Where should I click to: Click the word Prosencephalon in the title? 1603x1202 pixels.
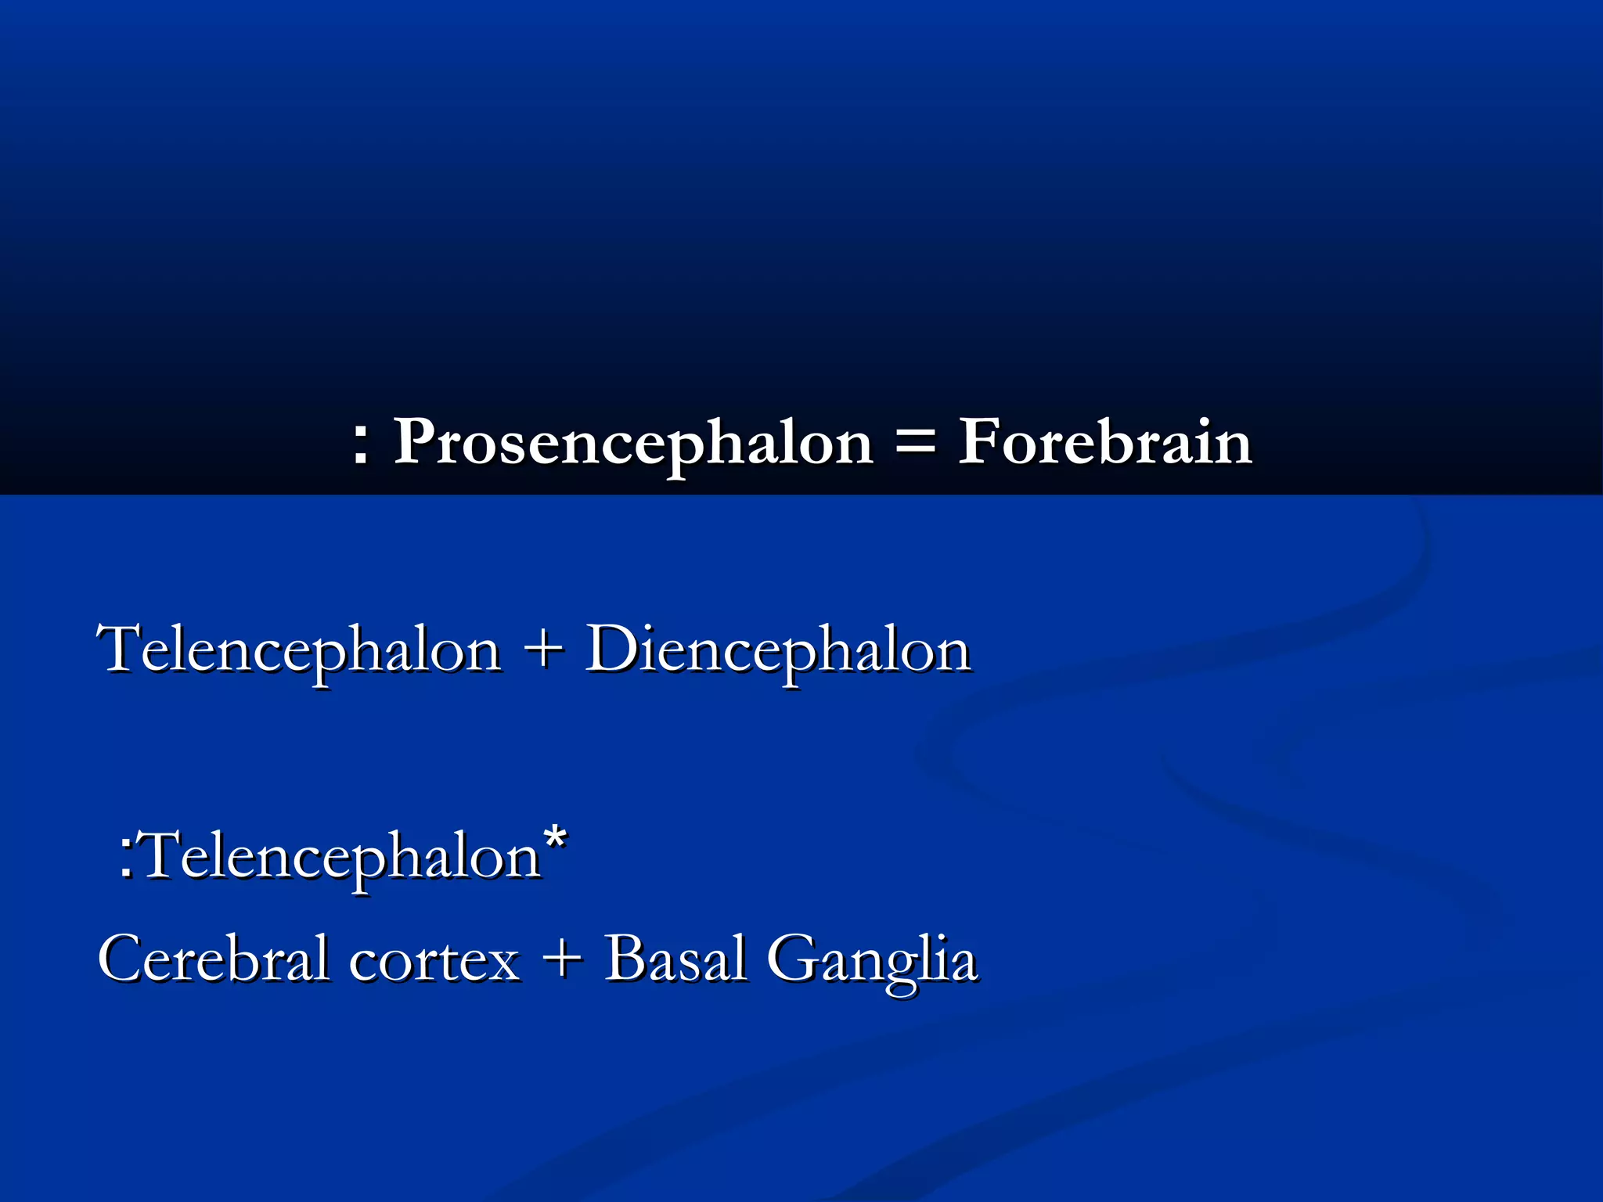point(632,443)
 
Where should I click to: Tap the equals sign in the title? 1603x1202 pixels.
point(914,443)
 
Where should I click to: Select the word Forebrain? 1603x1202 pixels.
point(1104,443)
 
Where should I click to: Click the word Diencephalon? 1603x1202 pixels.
point(778,650)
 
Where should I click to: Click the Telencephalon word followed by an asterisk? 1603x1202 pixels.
point(341,856)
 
